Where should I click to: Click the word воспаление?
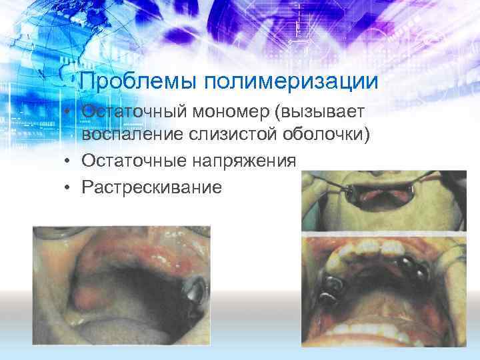(132, 136)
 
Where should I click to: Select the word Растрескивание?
(151, 186)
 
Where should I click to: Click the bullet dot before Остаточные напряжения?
(69, 161)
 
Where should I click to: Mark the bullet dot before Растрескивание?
(69, 187)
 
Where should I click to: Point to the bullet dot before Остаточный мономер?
(69, 112)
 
